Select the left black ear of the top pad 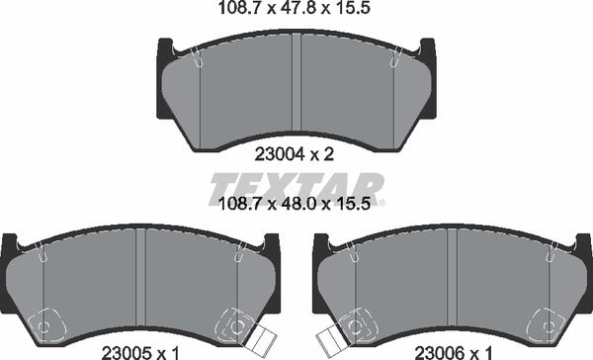pos(165,49)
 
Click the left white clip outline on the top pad pos(199,61)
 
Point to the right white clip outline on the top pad pos(393,61)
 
